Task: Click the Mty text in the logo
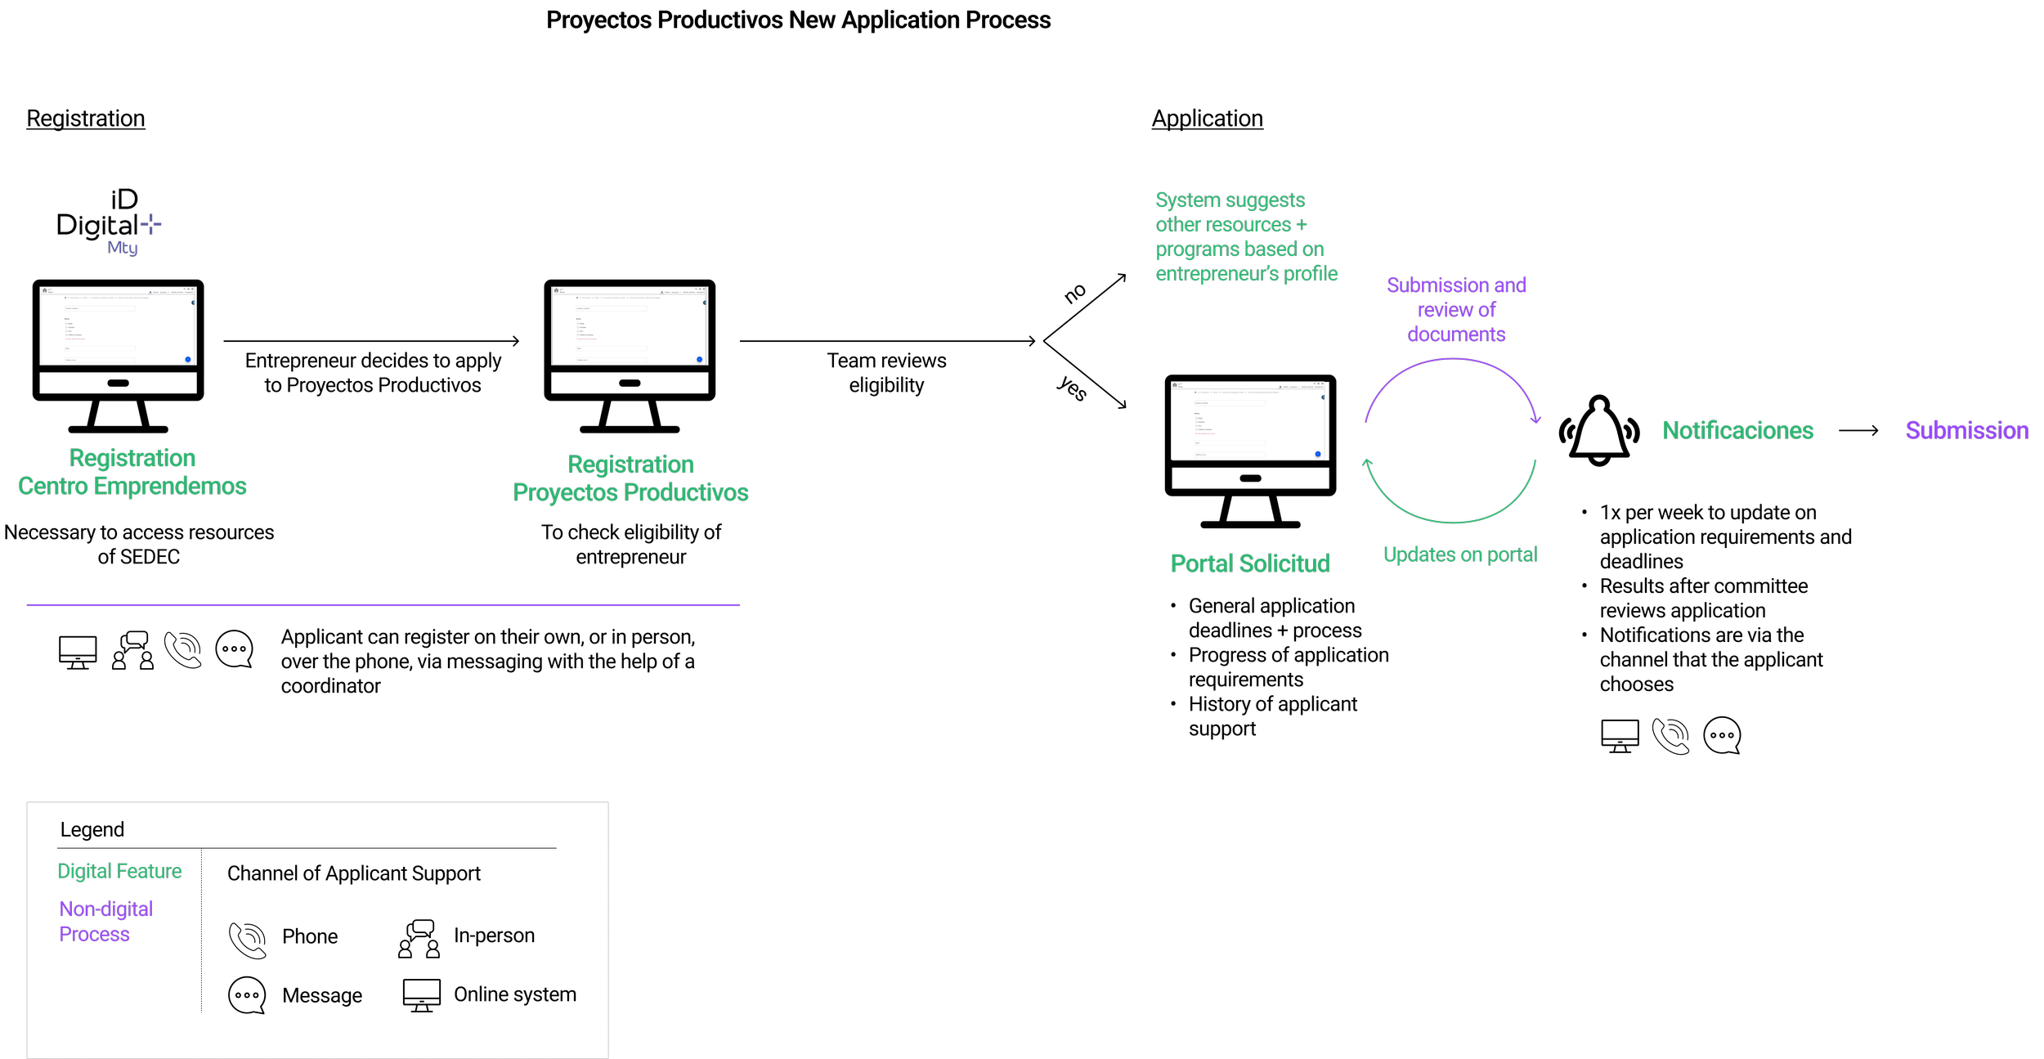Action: [x=123, y=247]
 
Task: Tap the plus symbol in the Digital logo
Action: [x=151, y=223]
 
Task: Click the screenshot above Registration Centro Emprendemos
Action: [x=118, y=325]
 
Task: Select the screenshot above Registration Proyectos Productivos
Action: [x=629, y=325]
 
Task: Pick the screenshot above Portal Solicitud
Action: [x=1247, y=420]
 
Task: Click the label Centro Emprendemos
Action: [x=132, y=487]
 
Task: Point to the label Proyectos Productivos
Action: [x=630, y=492]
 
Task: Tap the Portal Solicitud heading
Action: [x=1250, y=563]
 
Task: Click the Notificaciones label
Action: [x=1737, y=431]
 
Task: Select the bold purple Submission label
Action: [x=1966, y=431]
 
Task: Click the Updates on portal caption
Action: [x=1460, y=554]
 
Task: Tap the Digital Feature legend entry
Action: [x=119, y=871]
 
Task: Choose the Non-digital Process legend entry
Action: [x=105, y=922]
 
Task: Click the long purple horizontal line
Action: [x=383, y=605]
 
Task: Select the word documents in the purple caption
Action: [x=1456, y=334]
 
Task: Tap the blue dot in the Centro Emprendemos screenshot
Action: [x=188, y=359]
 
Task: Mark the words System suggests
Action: [x=1230, y=200]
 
